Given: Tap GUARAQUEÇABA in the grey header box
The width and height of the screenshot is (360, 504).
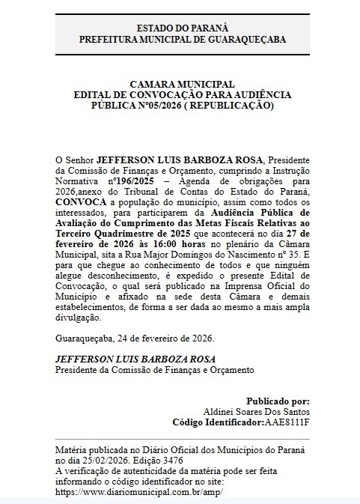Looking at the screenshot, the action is point(250,39).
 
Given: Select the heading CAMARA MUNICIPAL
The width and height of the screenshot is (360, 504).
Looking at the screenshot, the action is point(182,85).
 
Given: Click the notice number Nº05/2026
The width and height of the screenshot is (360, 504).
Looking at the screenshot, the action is point(155,106).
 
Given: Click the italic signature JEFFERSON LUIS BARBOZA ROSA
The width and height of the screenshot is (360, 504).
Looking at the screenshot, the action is point(135,359).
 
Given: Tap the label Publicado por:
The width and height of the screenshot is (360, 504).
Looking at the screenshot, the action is point(278,401).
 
